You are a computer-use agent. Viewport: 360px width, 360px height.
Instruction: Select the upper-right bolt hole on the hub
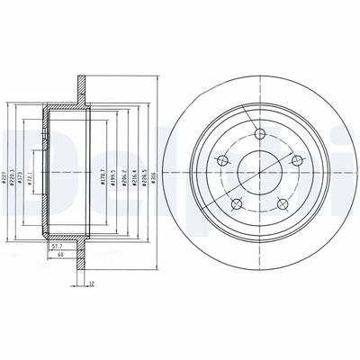(296, 161)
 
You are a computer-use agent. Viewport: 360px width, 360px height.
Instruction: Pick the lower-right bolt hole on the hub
(283, 202)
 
